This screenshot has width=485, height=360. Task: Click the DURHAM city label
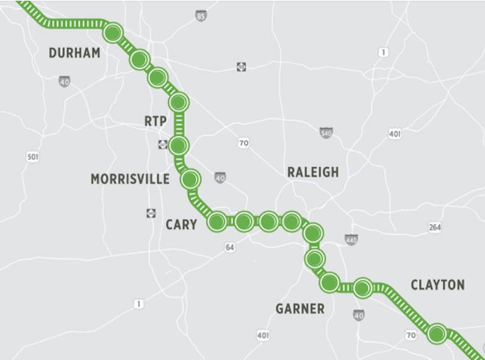[74, 53]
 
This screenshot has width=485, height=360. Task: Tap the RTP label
[156, 121]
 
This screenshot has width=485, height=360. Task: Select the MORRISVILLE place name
[130, 179]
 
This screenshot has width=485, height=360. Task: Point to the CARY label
[181, 225]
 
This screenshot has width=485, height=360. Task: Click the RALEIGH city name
[313, 172]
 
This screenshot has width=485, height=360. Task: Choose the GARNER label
[300, 309]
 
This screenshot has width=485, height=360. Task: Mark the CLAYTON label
[437, 285]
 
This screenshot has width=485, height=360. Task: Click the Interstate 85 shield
[201, 16]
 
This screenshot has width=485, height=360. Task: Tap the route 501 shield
[33, 157]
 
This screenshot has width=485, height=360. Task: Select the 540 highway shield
[326, 132]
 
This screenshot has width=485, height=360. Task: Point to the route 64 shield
[230, 248]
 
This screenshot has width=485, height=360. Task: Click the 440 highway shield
[351, 240]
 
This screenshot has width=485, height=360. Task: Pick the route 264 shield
[435, 227]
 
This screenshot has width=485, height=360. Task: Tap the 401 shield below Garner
[263, 335]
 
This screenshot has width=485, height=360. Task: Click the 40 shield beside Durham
[65, 81]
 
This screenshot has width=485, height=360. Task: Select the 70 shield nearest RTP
[243, 143]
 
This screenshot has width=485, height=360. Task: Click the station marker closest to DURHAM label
[113, 32]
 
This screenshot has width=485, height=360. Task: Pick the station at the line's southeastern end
[437, 334]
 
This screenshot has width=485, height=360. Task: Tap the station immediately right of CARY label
[217, 221]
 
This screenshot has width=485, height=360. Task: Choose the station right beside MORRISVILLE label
[190, 179]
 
